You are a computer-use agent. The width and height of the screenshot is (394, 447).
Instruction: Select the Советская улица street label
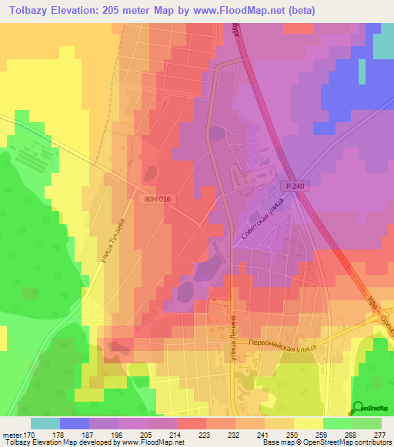click(x=262, y=221)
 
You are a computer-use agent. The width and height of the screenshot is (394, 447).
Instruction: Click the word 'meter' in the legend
click(x=12, y=434)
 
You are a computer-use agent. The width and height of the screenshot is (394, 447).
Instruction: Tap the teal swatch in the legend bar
click(x=45, y=423)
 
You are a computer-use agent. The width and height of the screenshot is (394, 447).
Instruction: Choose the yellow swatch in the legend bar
click(x=309, y=423)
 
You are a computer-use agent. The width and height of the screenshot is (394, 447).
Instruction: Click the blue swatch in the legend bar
click(x=75, y=423)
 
